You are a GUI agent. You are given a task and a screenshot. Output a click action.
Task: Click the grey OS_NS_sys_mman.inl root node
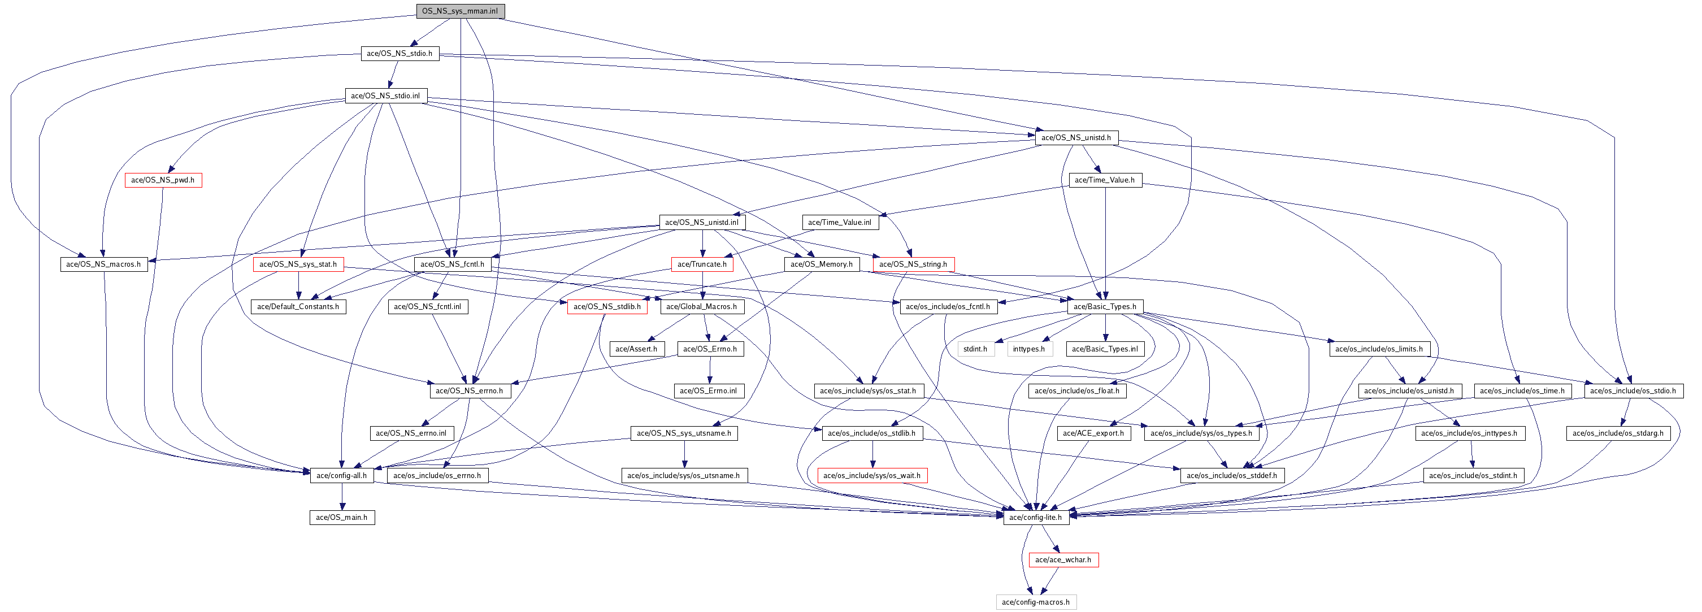pos(460,11)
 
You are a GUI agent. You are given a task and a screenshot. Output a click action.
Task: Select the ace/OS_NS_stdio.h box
pos(399,54)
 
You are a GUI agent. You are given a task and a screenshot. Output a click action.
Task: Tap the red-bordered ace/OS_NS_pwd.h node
pos(163,180)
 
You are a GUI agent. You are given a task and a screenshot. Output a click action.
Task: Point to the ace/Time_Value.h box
pos(1105,180)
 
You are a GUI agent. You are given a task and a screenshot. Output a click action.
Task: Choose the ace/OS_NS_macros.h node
pos(104,264)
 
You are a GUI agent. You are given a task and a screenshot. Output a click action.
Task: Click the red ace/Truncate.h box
pos(702,264)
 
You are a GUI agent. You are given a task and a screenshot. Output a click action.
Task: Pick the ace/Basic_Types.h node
pos(1105,307)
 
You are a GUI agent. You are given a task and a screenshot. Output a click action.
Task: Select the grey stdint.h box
pos(975,349)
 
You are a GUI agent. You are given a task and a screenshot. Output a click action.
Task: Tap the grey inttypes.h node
pos(1029,349)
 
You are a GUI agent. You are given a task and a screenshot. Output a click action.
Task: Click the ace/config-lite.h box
pos(1035,518)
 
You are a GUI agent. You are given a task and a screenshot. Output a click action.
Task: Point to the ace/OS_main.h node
pos(342,518)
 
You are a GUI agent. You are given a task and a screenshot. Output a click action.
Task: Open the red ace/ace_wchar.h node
pos(1062,560)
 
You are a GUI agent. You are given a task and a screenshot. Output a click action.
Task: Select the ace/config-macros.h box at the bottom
pos(1035,602)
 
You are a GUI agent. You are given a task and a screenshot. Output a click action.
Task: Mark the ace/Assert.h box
pos(636,349)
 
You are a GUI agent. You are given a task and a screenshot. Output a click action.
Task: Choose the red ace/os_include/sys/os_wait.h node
pos(871,476)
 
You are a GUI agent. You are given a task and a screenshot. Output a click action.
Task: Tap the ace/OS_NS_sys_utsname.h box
pos(684,433)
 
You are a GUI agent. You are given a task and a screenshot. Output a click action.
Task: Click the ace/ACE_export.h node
pos(1093,433)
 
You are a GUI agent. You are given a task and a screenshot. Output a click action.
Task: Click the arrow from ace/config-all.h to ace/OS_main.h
pos(342,497)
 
